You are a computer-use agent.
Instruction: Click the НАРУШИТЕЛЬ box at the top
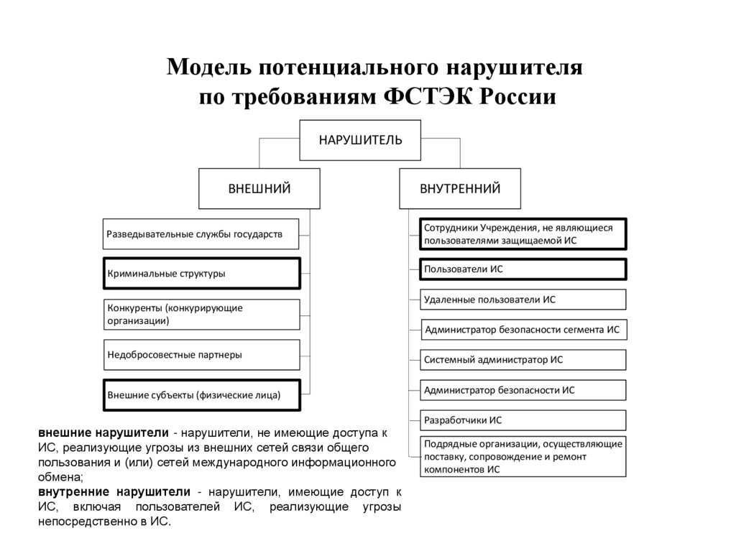click(x=360, y=139)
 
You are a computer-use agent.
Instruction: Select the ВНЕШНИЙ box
click(x=259, y=189)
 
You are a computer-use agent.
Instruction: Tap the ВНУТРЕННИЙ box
click(x=460, y=189)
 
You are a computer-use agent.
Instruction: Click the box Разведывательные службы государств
click(x=201, y=234)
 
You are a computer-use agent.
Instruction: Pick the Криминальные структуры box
click(x=201, y=274)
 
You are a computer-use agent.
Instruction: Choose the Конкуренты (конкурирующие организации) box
click(x=201, y=314)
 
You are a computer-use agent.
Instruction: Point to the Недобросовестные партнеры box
click(x=201, y=354)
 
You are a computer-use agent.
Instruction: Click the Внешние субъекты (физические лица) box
click(x=201, y=394)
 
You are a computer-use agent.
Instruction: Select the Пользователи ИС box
click(x=523, y=269)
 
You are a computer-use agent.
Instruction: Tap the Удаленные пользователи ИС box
click(x=523, y=299)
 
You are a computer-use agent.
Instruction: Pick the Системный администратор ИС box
click(x=523, y=359)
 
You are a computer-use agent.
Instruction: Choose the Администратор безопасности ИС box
click(x=523, y=390)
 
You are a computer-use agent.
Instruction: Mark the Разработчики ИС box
click(x=523, y=420)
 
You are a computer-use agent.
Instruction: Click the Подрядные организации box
click(x=523, y=456)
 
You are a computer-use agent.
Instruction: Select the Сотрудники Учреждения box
click(x=523, y=233)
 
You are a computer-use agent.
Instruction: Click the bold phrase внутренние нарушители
click(x=114, y=492)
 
